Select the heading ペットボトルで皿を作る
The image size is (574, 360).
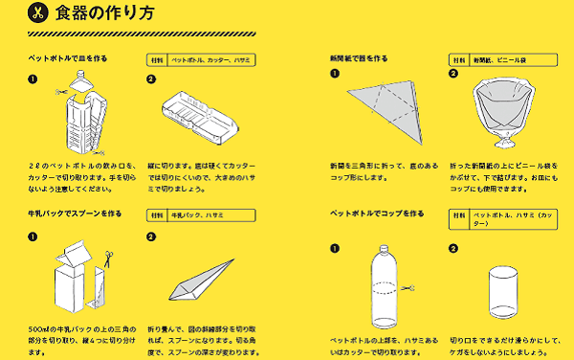pyautogui.click(x=67, y=58)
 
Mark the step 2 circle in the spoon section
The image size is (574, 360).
pyautogui.click(x=151, y=236)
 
